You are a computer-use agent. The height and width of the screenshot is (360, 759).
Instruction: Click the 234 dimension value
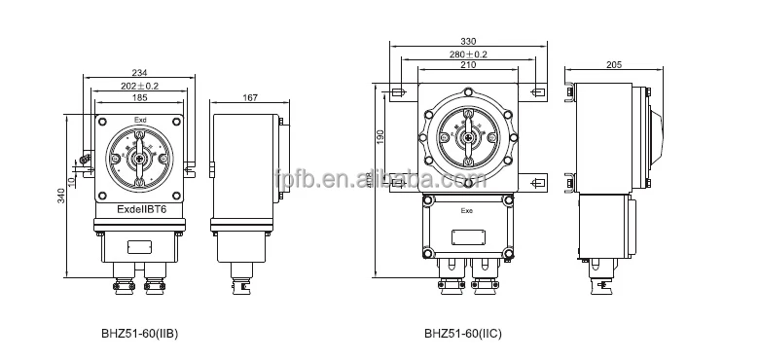(141, 73)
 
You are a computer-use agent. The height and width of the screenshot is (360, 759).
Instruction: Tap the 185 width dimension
(141, 98)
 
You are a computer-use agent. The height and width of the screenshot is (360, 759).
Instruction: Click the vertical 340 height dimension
(61, 197)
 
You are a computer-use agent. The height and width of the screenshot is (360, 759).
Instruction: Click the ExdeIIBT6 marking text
(142, 207)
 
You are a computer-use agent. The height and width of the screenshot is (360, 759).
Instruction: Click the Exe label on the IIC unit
(468, 207)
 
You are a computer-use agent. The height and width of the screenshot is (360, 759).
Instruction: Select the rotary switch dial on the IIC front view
(467, 134)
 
